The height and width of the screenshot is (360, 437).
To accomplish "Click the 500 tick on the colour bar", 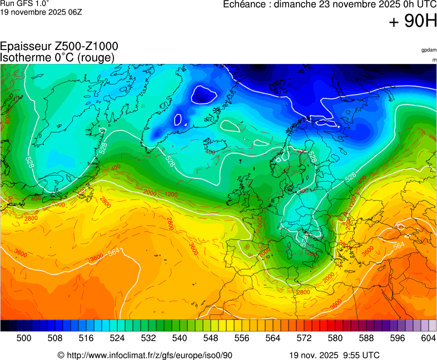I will (24, 338).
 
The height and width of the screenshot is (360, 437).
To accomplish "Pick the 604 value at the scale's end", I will (428, 338).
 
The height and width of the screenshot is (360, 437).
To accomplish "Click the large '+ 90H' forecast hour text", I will (413, 21).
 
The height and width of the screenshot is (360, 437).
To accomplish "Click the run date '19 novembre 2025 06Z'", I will (41, 12).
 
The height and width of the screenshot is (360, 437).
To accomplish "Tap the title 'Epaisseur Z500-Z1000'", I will (59, 47).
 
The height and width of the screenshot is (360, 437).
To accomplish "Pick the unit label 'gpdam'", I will (429, 50).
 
